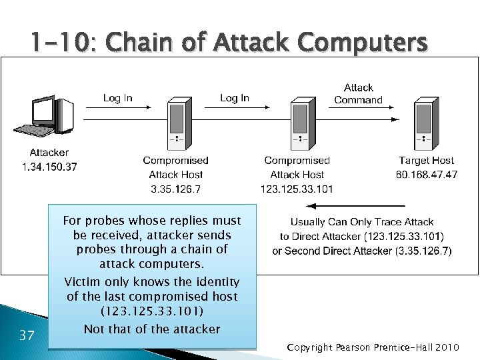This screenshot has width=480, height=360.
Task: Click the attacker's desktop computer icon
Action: point(48,118)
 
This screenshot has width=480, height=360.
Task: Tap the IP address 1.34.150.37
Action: point(49,167)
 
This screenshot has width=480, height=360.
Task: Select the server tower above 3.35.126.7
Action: point(176,125)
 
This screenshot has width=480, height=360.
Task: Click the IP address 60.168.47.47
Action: point(427,175)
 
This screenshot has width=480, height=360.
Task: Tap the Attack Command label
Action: point(358,94)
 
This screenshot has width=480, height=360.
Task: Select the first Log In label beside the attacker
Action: point(118,98)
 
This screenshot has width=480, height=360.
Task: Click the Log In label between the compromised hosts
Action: point(235,98)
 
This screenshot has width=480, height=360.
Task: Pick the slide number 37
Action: point(27,335)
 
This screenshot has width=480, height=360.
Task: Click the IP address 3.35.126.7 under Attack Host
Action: point(176,189)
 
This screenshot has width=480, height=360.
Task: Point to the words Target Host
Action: point(427,160)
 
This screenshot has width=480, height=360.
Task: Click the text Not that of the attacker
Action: point(152,329)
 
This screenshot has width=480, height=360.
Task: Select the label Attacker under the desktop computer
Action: point(49,153)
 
